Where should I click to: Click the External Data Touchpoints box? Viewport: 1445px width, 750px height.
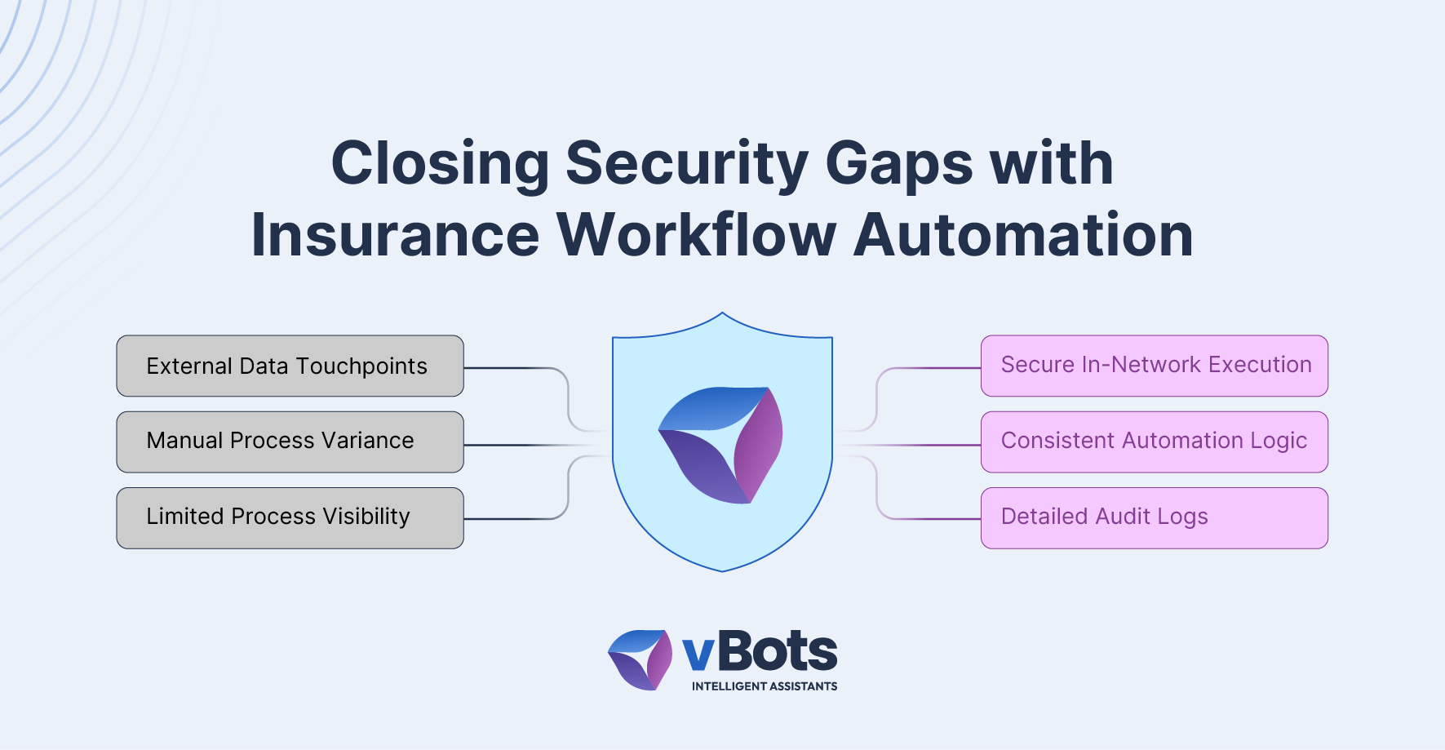pyautogui.click(x=290, y=366)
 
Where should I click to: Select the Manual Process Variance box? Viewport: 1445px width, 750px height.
pyautogui.click(x=290, y=442)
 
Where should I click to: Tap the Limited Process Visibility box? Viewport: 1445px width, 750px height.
pyautogui.click(x=290, y=518)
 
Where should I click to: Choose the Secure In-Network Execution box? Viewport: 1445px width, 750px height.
pyautogui.click(x=1155, y=366)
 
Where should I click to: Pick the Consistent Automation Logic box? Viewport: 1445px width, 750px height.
pyautogui.click(x=1155, y=442)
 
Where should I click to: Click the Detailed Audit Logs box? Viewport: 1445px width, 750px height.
pyautogui.click(x=1155, y=518)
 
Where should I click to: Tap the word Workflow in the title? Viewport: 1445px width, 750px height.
pyautogui.click(x=697, y=235)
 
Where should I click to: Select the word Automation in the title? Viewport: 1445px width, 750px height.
pyautogui.click(x=1023, y=235)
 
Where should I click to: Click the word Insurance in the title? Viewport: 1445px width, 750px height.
pyautogui.click(x=396, y=235)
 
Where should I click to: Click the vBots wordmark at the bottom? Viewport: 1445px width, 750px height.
pyautogui.click(x=760, y=652)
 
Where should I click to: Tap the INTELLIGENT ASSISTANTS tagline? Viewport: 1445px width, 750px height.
pyautogui.click(x=765, y=686)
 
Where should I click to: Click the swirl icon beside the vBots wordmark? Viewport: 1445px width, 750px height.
pyautogui.click(x=640, y=659)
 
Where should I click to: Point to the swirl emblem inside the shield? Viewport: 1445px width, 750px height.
pyautogui.click(x=721, y=445)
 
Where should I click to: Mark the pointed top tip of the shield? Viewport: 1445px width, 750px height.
pyautogui.click(x=722, y=313)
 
